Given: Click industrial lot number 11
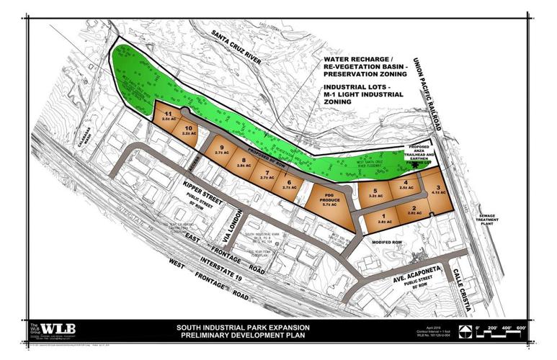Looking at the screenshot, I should pos(167,116).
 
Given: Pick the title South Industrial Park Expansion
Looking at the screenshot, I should pos(244,328).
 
